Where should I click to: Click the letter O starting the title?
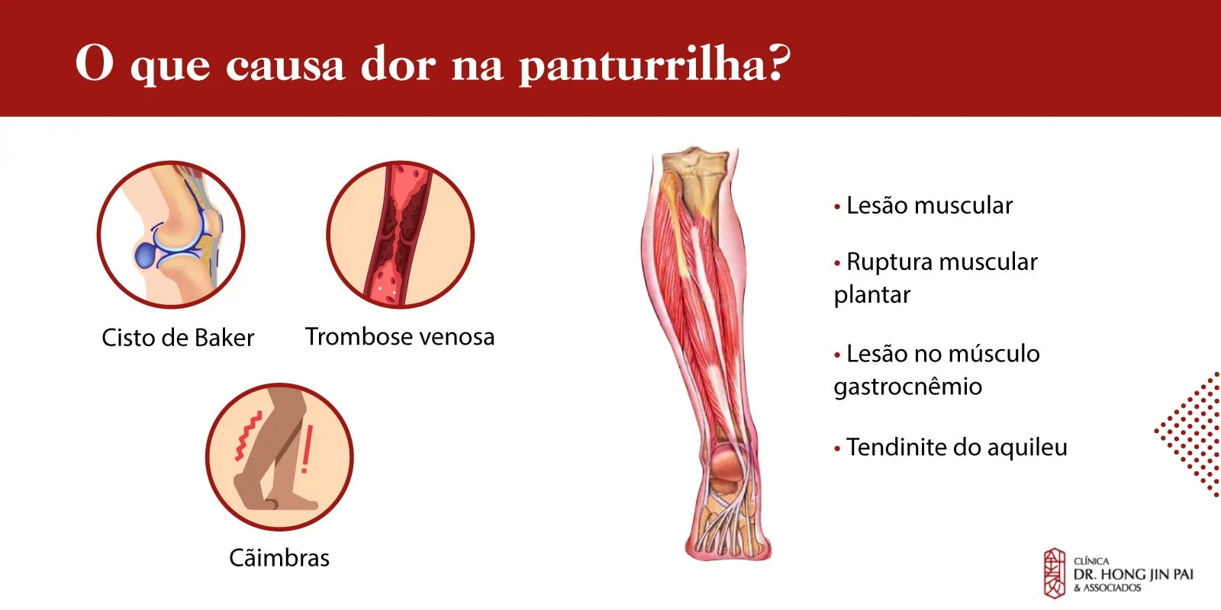coord(95,63)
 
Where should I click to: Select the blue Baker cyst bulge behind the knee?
coord(146,255)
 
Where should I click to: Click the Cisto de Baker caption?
coord(178,338)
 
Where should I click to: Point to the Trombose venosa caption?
coord(400,336)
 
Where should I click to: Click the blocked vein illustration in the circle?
coord(400,235)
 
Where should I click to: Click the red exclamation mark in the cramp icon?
coord(307,449)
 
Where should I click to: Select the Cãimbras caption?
coord(279,557)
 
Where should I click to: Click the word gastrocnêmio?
coord(907,387)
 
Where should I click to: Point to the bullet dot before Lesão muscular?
coord(837,207)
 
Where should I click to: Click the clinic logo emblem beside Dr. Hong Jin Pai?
coord(1054,573)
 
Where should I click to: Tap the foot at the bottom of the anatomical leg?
coord(727,523)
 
